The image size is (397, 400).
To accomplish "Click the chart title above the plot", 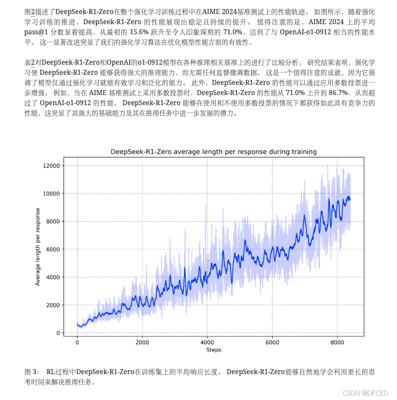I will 213,151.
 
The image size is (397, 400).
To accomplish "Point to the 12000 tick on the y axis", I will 51,165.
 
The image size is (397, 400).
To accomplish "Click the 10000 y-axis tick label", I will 51,194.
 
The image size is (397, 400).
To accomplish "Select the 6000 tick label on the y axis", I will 53,249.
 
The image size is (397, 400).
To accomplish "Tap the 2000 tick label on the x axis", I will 142,342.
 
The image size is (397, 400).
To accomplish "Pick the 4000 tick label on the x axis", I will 207,342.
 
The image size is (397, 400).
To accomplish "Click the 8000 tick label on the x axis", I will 337,342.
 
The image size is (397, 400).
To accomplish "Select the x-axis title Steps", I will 213,350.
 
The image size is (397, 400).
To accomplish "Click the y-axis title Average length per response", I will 38,247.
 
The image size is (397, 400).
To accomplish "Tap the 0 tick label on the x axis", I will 77,342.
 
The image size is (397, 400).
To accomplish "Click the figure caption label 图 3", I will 32,372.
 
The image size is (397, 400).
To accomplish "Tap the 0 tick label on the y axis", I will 58,333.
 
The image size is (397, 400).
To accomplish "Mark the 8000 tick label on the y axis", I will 53,221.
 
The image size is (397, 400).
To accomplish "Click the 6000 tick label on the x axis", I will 272,342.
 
